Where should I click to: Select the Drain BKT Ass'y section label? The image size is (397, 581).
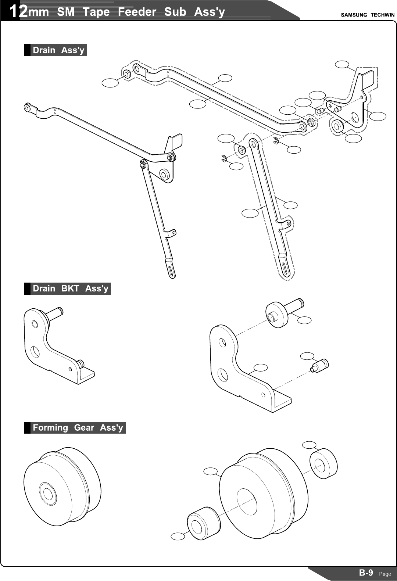click(x=70, y=288)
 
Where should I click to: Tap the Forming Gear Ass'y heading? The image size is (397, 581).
click(x=78, y=428)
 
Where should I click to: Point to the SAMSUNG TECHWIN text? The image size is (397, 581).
click(x=367, y=15)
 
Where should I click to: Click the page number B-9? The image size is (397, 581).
click(x=366, y=573)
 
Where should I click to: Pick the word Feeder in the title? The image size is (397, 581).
click(x=137, y=12)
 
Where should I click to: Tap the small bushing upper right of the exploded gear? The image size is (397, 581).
click(x=323, y=463)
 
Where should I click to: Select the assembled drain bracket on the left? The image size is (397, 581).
click(x=55, y=345)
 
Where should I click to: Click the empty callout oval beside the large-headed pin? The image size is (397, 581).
click(x=304, y=320)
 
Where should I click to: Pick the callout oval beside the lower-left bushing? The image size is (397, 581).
click(x=178, y=536)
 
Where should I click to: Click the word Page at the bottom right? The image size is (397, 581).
click(x=385, y=574)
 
